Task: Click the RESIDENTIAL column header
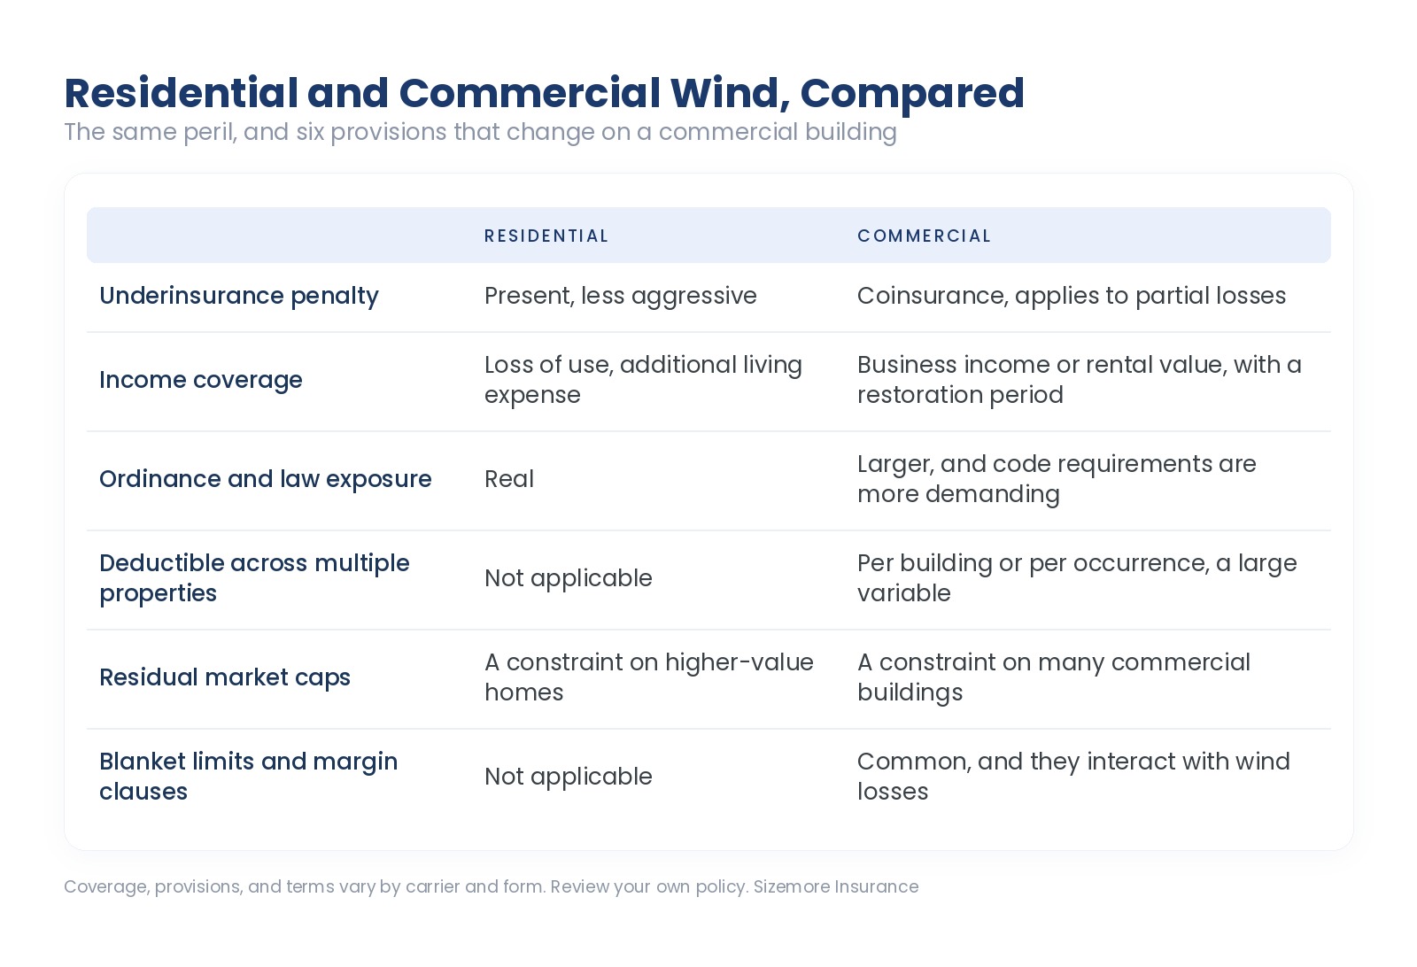(x=546, y=236)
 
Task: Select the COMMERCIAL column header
(x=924, y=236)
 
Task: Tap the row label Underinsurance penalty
(x=239, y=296)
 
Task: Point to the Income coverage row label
(x=200, y=380)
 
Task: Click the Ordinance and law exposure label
(x=265, y=479)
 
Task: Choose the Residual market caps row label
(x=225, y=677)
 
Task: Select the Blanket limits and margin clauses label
(x=249, y=776)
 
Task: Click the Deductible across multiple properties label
(x=254, y=578)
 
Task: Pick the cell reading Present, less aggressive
(x=621, y=296)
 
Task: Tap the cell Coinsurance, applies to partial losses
(x=1072, y=296)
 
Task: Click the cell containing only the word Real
(x=509, y=479)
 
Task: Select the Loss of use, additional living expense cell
(x=643, y=380)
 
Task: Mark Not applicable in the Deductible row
(x=568, y=578)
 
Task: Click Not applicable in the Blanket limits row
(x=568, y=777)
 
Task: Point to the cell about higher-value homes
(x=649, y=677)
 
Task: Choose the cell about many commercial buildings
(x=1054, y=677)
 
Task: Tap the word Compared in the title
(x=912, y=94)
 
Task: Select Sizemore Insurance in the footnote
(x=836, y=886)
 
